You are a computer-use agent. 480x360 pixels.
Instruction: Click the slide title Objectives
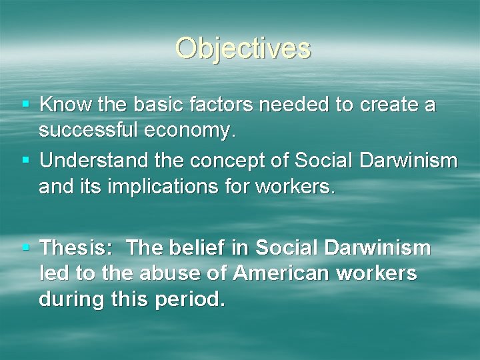click(x=243, y=48)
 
